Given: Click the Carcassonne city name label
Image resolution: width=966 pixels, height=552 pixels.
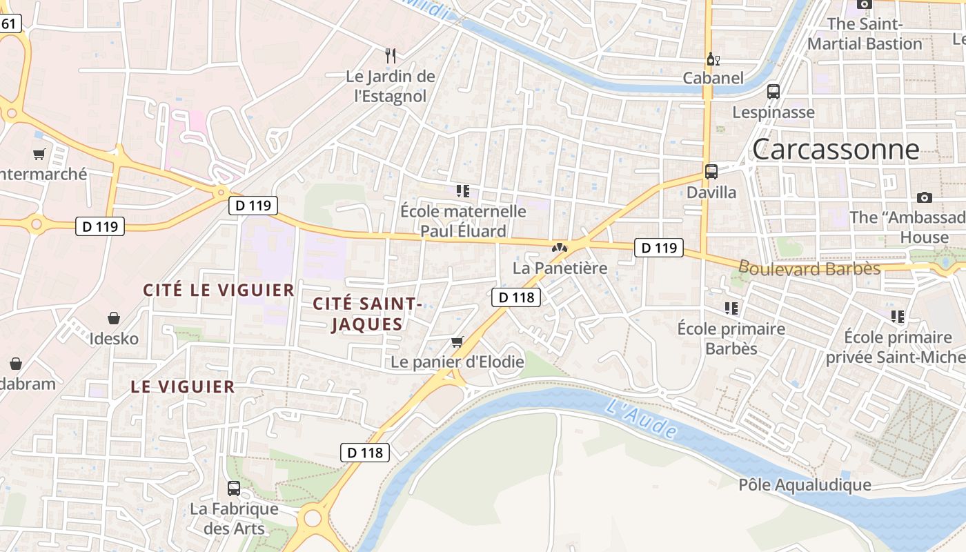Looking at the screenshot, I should click(x=836, y=149).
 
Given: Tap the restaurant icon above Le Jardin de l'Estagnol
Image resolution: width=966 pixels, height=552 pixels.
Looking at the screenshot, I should click(x=391, y=55).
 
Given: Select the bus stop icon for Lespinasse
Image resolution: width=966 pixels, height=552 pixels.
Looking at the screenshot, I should click(x=773, y=92).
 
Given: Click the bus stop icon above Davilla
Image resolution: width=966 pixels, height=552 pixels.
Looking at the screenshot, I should click(x=711, y=172).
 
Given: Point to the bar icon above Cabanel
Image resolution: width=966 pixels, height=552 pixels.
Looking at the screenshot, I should click(x=713, y=59).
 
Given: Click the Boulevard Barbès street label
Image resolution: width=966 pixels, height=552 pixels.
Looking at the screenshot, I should click(x=809, y=268).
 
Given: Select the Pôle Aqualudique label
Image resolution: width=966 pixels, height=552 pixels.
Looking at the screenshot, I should click(x=805, y=485).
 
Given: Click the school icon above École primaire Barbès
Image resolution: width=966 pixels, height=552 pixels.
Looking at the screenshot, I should click(x=731, y=308).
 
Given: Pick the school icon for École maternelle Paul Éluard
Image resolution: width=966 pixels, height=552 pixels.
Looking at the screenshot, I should click(x=463, y=191).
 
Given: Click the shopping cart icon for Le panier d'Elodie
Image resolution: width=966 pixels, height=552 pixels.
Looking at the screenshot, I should click(x=457, y=342).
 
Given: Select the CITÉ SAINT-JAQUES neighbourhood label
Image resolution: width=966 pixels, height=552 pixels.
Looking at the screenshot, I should click(x=366, y=314).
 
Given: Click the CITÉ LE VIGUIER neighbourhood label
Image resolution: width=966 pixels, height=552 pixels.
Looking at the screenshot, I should click(x=219, y=290).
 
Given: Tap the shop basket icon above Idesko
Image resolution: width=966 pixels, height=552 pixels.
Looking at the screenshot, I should click(x=114, y=318).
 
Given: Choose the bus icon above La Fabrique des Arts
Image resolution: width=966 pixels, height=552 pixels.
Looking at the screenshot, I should click(x=234, y=489).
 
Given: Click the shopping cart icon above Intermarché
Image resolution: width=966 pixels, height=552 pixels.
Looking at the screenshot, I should click(x=39, y=155).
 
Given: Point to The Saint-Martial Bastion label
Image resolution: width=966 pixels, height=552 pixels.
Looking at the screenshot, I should click(x=865, y=34).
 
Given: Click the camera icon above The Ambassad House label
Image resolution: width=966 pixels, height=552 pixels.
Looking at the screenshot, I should click(x=925, y=198).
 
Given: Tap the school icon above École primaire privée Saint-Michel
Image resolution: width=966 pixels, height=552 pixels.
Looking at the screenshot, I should click(x=897, y=317).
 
